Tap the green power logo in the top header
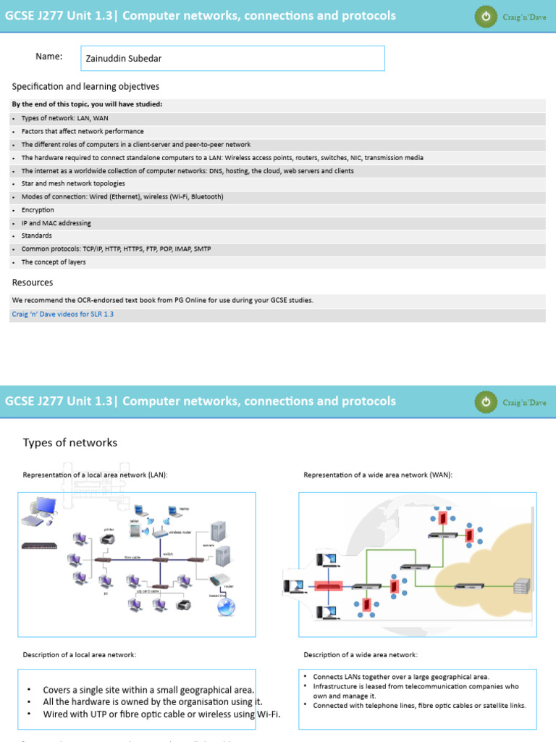pos(486,16)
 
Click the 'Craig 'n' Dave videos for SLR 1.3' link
pos(63,314)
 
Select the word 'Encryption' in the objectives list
pos(38,209)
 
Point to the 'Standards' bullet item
pos(36,235)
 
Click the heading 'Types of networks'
pos(69,442)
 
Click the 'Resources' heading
pos(33,282)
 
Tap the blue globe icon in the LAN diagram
pos(227,607)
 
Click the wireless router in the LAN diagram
pos(157,531)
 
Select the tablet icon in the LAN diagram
pos(135,530)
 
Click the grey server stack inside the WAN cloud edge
pos(521,585)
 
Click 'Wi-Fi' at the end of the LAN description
pos(267,714)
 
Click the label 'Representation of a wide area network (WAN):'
pos(378,475)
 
